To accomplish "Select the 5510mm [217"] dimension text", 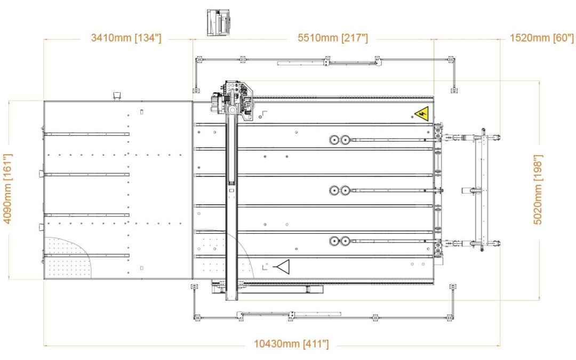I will click(332, 38).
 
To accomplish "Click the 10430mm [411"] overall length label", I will click(291, 344).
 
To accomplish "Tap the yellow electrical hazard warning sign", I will click(422, 113).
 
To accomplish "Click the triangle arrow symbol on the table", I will click(281, 266).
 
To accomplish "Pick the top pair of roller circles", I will click(339, 140).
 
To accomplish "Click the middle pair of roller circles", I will click(339, 190).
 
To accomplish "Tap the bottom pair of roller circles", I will click(339, 241).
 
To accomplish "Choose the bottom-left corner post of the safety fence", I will click(197, 318).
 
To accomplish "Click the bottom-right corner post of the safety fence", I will click(453, 318).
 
